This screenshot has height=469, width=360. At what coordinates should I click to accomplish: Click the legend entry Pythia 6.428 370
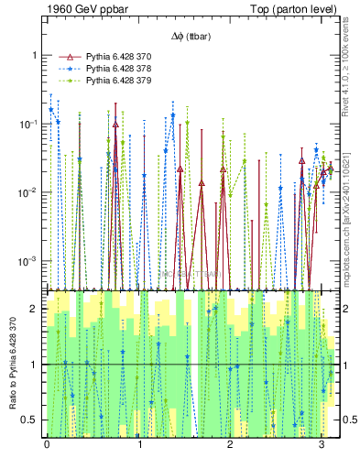[x=119, y=56]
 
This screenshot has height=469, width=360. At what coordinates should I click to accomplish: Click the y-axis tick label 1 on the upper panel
[x=35, y=55]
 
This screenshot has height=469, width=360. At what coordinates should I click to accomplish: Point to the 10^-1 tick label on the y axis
[x=30, y=124]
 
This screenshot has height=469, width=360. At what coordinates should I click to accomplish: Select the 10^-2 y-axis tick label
[x=30, y=192]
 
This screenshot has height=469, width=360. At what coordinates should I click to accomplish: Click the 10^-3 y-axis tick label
[x=30, y=261]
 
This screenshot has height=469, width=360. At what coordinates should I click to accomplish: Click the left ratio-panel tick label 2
[x=36, y=309]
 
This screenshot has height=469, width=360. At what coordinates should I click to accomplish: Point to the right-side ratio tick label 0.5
[x=346, y=420]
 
